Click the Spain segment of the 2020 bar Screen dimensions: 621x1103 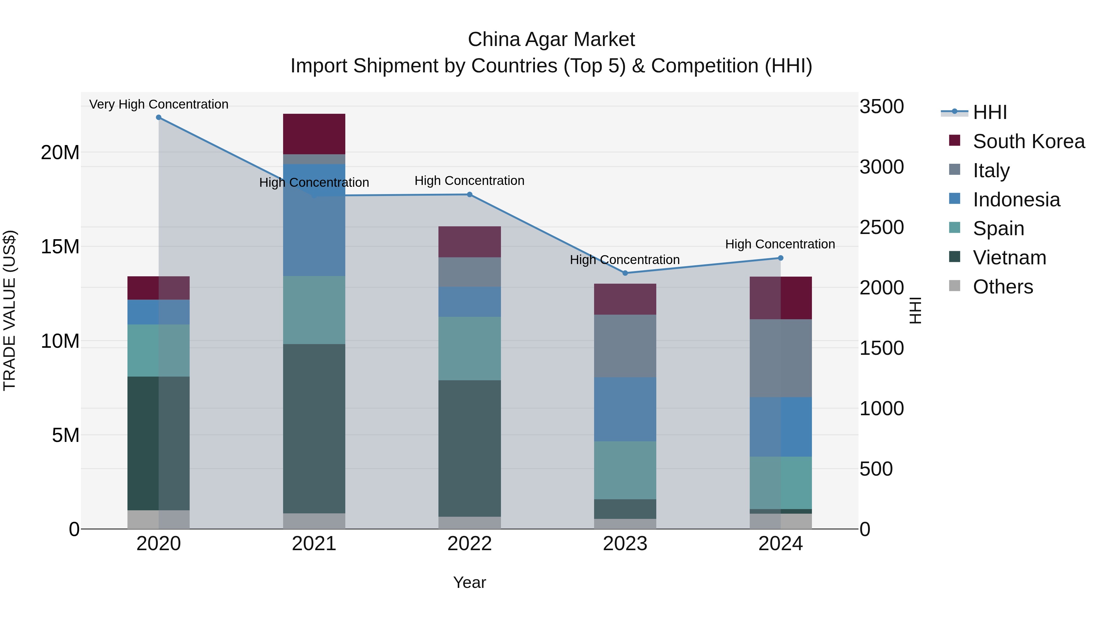[x=158, y=350]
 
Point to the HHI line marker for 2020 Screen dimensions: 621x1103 [x=158, y=117]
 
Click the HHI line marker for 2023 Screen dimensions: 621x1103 [x=625, y=273]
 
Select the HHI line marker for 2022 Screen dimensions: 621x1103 [x=469, y=194]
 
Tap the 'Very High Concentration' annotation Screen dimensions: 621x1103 [x=158, y=104]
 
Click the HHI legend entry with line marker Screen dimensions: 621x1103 [x=989, y=112]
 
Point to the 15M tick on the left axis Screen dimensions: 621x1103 [x=60, y=247]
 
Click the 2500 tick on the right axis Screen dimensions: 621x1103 [x=881, y=227]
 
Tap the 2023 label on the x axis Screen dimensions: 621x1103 [x=625, y=544]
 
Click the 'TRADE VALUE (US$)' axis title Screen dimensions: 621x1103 [x=9, y=310]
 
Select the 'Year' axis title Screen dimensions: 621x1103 [x=469, y=582]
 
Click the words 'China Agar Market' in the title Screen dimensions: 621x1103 [x=551, y=40]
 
